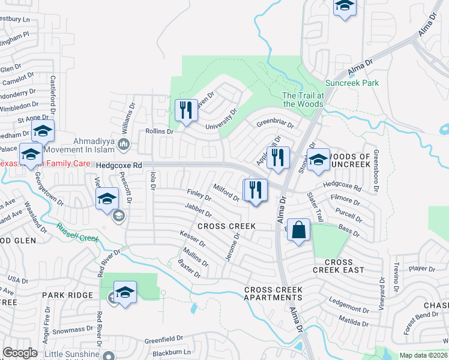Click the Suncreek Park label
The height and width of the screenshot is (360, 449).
[x=352, y=83]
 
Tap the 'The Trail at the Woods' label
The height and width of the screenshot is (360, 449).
[x=303, y=100]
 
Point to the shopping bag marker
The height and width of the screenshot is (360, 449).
[x=299, y=230]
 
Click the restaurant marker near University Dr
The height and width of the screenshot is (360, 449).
[x=186, y=110]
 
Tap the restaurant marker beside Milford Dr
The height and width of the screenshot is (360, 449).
[x=256, y=190]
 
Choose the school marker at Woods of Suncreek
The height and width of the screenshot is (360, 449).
[x=319, y=160]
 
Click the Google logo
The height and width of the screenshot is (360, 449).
[x=20, y=353]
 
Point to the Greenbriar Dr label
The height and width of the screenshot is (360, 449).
[x=275, y=125]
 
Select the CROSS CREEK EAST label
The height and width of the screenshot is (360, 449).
[x=339, y=266]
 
